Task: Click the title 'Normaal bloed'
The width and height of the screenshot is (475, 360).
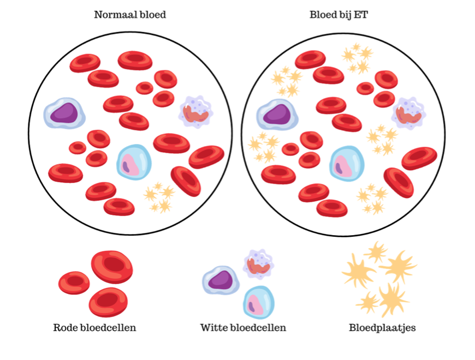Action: point(130,15)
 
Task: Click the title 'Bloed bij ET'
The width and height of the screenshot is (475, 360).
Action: point(339,15)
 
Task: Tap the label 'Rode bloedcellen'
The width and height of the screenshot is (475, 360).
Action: point(94,328)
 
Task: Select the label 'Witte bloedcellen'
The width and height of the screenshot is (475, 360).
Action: point(243,328)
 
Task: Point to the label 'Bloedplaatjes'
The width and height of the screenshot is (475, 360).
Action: point(382,328)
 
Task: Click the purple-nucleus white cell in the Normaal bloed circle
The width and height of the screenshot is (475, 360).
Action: point(64,113)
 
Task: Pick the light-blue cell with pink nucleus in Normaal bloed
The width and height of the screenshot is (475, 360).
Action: point(134,162)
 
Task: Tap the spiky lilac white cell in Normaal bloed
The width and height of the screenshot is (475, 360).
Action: point(196,112)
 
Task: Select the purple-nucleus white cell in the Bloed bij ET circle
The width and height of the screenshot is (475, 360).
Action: point(277,115)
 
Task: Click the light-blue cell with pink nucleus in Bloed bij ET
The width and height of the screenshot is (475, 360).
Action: point(347,164)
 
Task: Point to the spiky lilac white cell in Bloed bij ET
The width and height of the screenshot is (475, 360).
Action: point(409,113)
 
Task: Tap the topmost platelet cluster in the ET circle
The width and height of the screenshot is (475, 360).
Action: point(358,58)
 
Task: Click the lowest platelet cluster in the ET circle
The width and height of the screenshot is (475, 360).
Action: point(372,199)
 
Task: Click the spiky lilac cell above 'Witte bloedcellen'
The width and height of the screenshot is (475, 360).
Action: point(258,264)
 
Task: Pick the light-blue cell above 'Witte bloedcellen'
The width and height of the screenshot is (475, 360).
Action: point(259,302)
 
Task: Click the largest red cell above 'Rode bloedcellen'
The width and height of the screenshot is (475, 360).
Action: point(112,267)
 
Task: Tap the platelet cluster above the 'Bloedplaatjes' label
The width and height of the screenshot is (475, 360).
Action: point(379,279)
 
